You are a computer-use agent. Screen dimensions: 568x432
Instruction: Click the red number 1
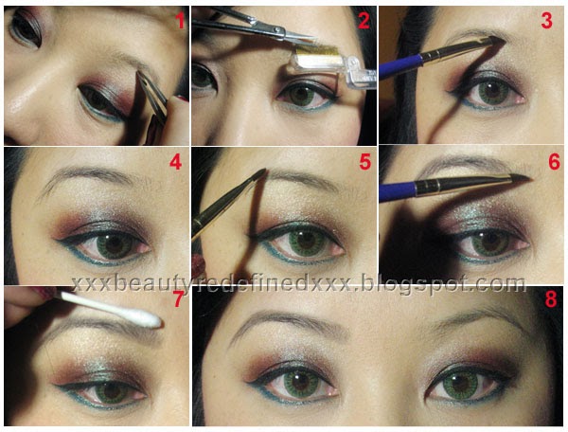click(x=180, y=21)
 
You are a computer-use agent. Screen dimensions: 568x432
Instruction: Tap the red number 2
click(x=364, y=20)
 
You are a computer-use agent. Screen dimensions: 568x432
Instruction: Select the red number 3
click(x=546, y=20)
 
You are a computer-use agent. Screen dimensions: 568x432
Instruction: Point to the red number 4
click(x=176, y=162)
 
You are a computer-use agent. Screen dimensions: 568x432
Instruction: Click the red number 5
click(x=365, y=162)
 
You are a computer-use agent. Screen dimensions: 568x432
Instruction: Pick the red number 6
click(x=554, y=162)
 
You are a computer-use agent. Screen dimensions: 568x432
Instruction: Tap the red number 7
click(x=177, y=299)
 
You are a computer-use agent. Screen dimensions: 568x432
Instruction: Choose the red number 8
click(x=551, y=299)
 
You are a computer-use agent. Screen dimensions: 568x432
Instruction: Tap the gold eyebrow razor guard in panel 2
click(x=316, y=54)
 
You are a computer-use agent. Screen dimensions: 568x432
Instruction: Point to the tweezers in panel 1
click(x=152, y=95)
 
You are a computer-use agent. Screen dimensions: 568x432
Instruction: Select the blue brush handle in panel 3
click(x=401, y=66)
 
